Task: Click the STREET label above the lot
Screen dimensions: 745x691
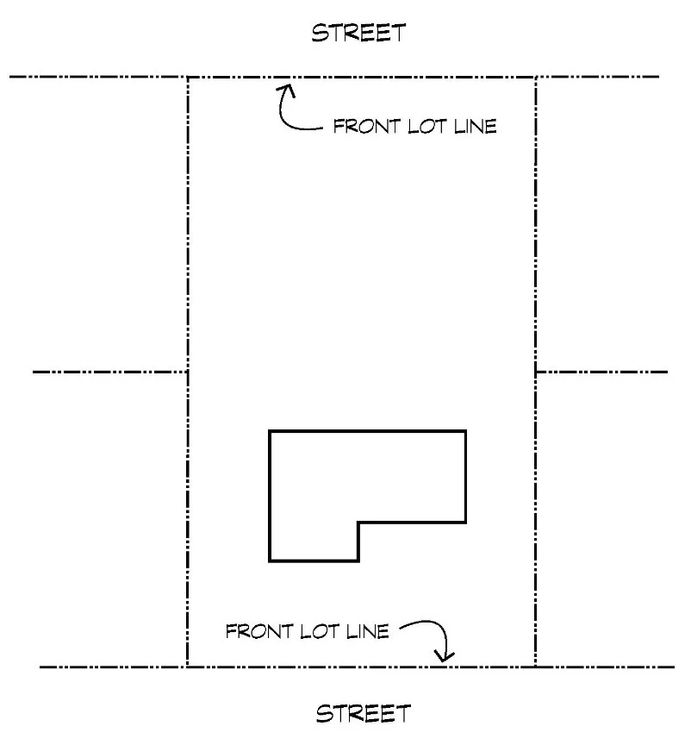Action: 358,34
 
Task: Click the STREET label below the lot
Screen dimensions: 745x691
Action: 364,714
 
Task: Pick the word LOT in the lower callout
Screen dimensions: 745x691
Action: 321,631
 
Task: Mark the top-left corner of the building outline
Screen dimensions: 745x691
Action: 270,430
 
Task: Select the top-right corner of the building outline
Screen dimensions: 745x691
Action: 466,430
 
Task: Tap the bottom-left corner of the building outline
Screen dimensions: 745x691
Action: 270,561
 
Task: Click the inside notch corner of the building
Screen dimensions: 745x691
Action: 358,523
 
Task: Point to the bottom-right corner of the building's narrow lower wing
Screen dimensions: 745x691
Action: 358,561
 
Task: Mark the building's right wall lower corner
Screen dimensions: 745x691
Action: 466,523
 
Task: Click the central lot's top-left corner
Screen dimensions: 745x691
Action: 188,78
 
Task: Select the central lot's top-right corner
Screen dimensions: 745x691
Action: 536,78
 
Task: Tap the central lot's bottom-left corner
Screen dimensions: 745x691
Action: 187,667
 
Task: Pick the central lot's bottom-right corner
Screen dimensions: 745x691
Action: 536,667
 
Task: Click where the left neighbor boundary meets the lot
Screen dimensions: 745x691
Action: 188,372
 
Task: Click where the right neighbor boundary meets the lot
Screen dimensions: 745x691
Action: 536,372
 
